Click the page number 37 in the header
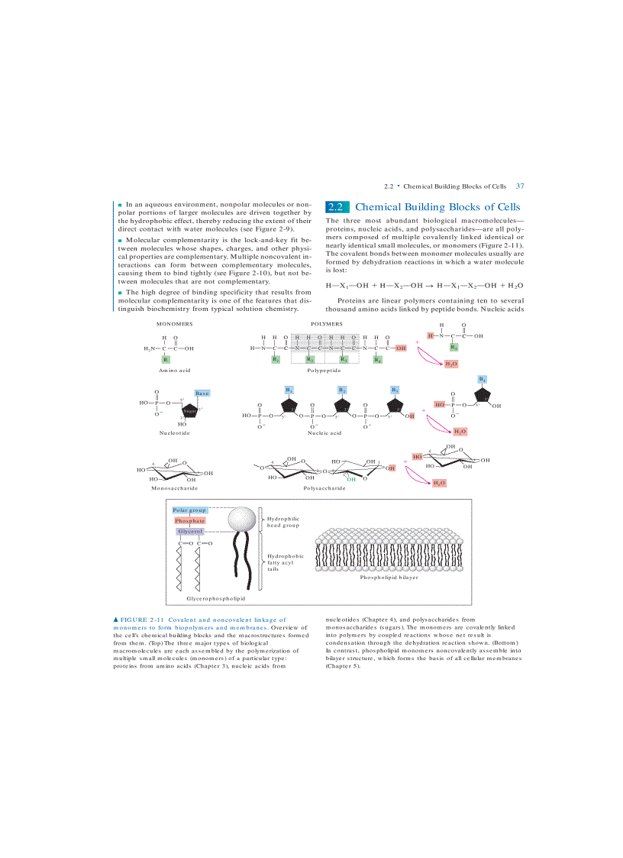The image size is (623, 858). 520,186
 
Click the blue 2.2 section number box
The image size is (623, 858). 337,207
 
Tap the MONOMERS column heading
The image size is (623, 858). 174,324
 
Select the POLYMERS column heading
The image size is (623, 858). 326,324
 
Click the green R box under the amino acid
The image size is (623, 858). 166,359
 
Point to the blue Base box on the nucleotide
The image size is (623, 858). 202,393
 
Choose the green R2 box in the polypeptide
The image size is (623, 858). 310,359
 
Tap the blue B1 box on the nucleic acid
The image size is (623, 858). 289,390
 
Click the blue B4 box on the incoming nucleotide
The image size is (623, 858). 483,379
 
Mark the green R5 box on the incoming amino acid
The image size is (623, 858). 454,347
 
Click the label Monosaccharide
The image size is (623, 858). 174,487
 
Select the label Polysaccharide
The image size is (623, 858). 324,487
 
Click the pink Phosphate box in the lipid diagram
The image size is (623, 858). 189,520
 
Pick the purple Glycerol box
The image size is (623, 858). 189,531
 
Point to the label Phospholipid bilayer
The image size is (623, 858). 389,577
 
